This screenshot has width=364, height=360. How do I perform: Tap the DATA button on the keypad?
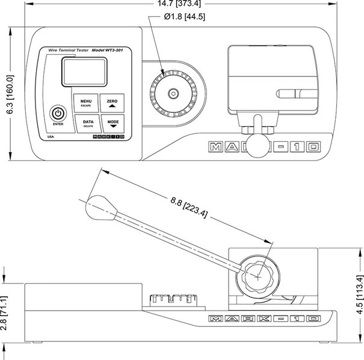point(88,123)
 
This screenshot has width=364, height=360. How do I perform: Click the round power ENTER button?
point(58,113)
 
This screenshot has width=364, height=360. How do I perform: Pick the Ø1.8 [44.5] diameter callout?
point(185,16)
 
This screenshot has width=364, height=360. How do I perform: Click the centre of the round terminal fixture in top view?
point(173,93)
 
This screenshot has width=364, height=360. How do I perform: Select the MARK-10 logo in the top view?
point(263,147)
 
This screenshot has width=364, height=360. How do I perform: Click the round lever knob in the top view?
point(258,141)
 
